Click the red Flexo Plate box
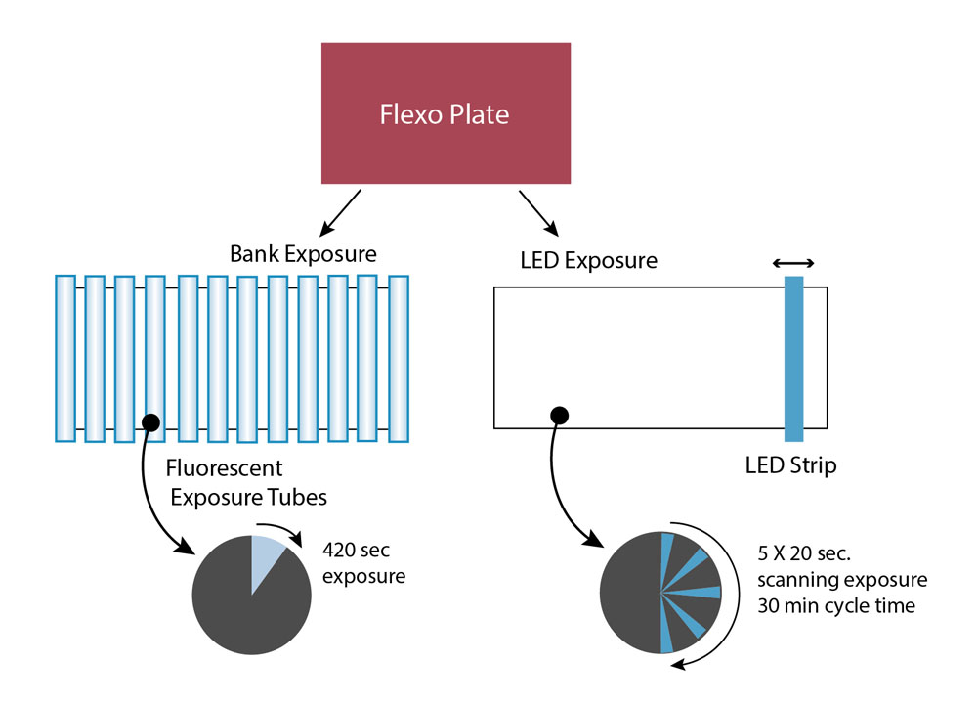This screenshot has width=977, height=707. click(446, 113)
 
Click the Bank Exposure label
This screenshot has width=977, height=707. click(303, 255)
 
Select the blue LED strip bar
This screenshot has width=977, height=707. click(793, 358)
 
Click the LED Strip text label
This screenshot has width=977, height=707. click(790, 465)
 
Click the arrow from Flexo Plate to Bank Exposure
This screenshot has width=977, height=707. click(346, 207)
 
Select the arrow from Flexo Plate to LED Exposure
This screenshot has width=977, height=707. click(538, 212)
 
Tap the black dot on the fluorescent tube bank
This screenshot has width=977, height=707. click(150, 422)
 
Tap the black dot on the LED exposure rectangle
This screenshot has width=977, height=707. click(559, 416)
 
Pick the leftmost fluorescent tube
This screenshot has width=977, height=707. click(65, 357)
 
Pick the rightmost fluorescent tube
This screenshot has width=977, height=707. click(398, 357)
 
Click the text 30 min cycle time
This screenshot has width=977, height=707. click(836, 605)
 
